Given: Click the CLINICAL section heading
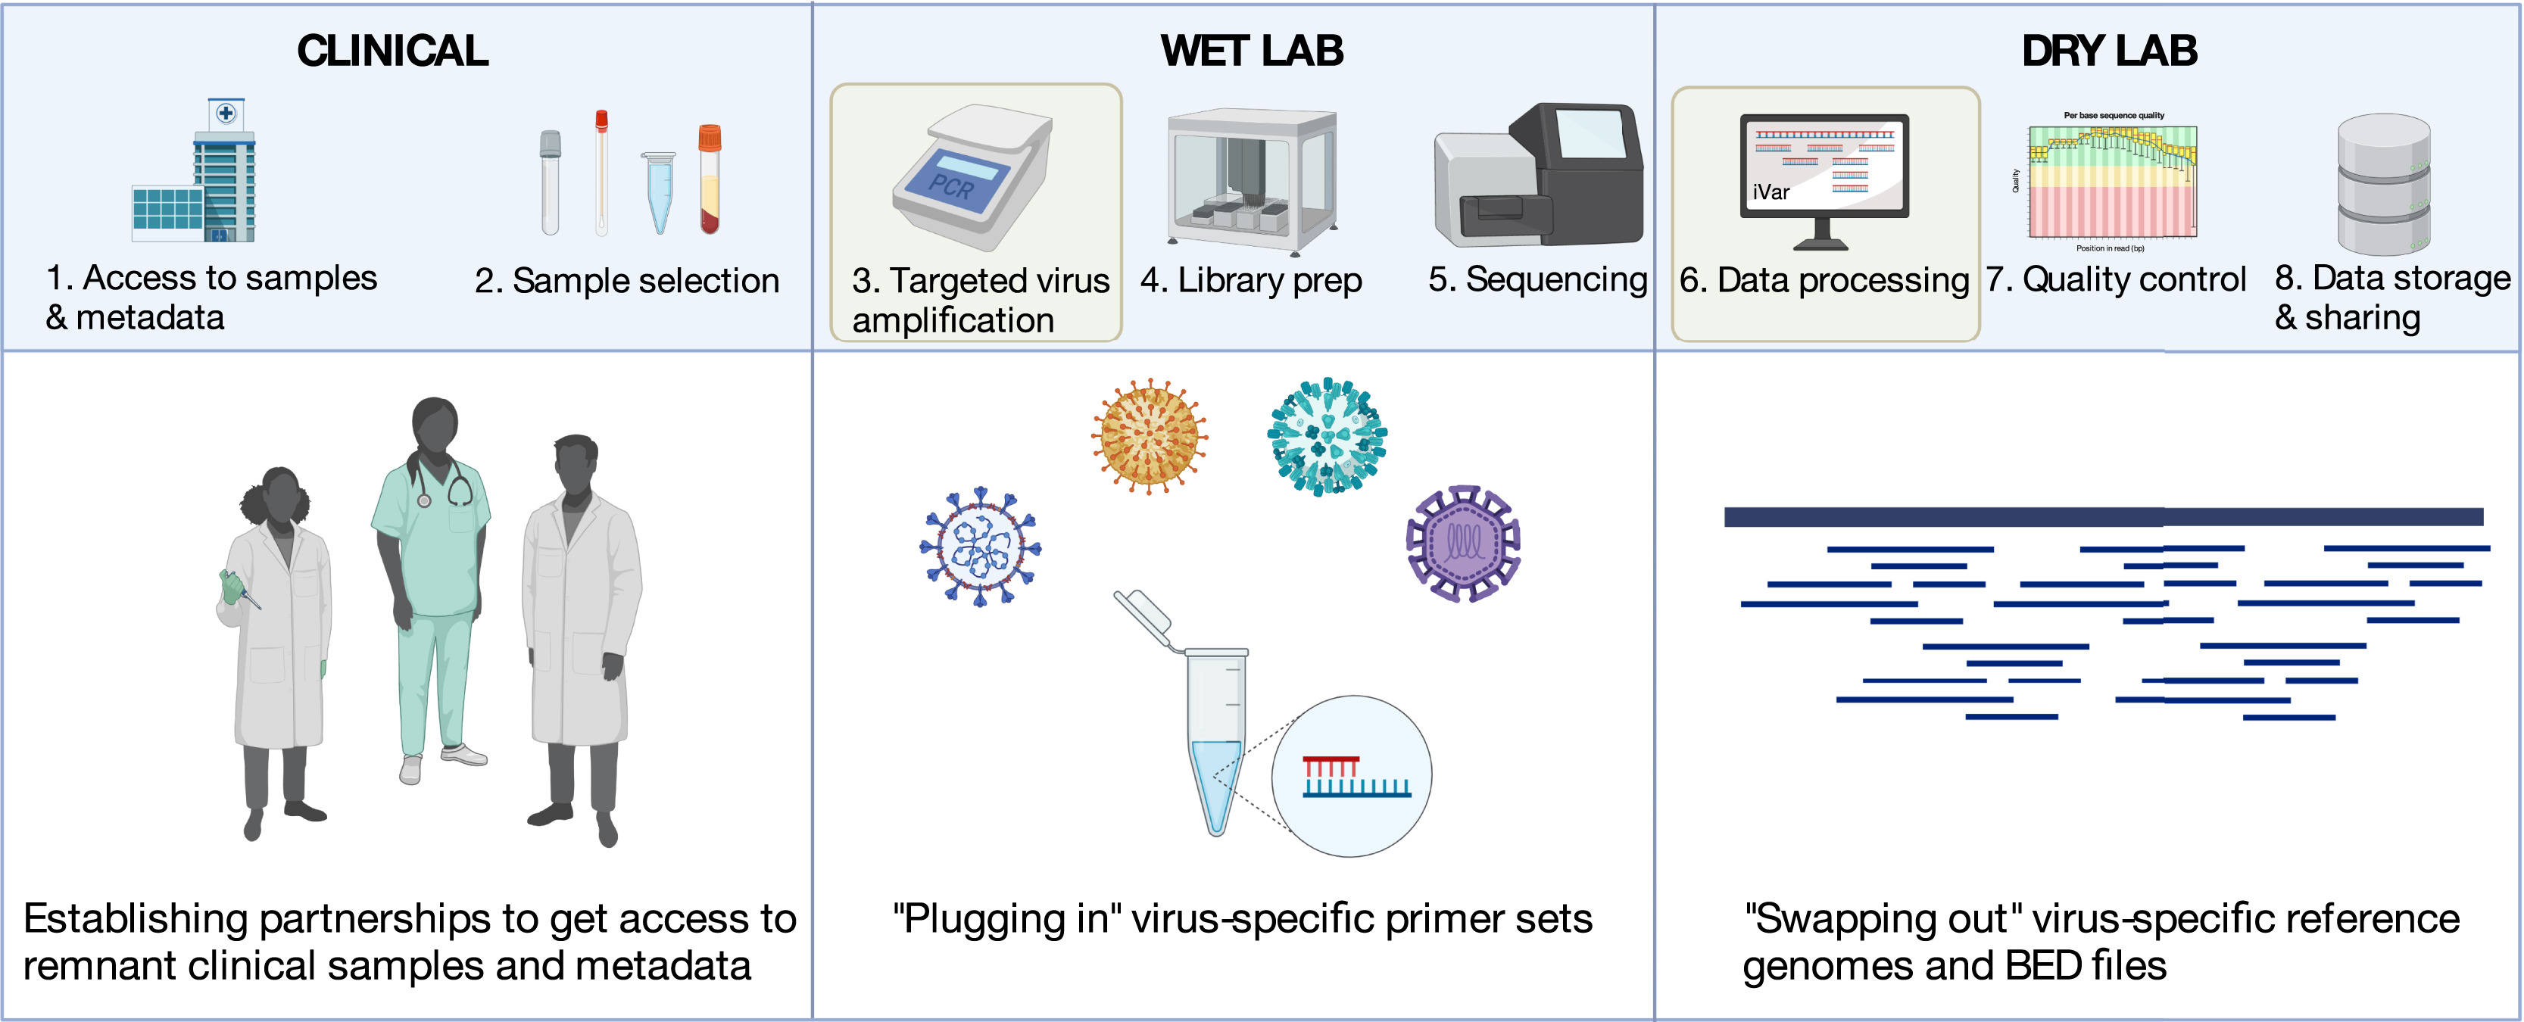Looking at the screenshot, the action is click(392, 51).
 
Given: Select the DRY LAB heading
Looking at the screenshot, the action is click(2110, 51).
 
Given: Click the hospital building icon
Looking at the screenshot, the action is click(194, 170).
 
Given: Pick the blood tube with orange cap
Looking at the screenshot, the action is click(710, 179).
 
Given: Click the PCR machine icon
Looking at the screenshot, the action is click(972, 176).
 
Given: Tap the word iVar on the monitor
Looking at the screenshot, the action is click(1771, 192).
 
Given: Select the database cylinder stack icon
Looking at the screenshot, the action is click(2384, 184).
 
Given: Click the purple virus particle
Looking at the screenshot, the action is click(1463, 543).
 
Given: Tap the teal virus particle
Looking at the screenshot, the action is click(1328, 437).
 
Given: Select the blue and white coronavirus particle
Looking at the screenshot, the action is click(980, 546).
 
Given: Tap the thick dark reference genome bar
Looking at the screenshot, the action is click(2104, 516).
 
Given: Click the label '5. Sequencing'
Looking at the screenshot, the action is click(1537, 280).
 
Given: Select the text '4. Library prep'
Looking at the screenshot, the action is click(1250, 281).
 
